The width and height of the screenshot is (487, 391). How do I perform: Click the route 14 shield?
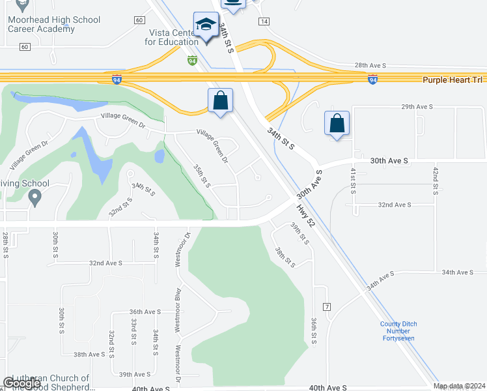point(264,22)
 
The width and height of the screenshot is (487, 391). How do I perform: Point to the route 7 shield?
point(327,306)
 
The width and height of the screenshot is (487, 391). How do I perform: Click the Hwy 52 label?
point(306,215)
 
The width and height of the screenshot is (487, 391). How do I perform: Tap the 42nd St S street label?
point(435,181)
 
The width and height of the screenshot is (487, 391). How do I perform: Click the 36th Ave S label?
point(145,311)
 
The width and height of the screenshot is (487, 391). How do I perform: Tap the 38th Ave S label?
point(89,355)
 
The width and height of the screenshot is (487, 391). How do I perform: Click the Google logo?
point(22,383)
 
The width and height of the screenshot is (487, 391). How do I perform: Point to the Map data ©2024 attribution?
point(459,386)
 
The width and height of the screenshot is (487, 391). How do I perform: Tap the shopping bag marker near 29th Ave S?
point(337,124)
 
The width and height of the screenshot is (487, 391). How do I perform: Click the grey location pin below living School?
point(35,196)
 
